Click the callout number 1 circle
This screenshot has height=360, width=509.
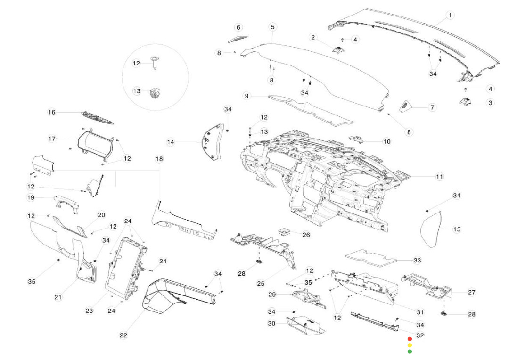450,16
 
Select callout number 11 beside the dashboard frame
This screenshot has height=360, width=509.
439,177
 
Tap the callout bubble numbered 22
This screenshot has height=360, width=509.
123,335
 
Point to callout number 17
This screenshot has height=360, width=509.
52,139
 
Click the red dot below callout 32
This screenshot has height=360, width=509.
410,339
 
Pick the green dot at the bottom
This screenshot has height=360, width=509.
410,351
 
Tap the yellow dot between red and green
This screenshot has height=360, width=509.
410,345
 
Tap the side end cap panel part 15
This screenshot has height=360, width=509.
432,230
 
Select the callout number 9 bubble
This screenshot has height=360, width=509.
246,96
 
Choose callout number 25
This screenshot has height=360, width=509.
261,284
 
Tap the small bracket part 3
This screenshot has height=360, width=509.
467,101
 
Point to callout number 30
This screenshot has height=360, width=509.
271,323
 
